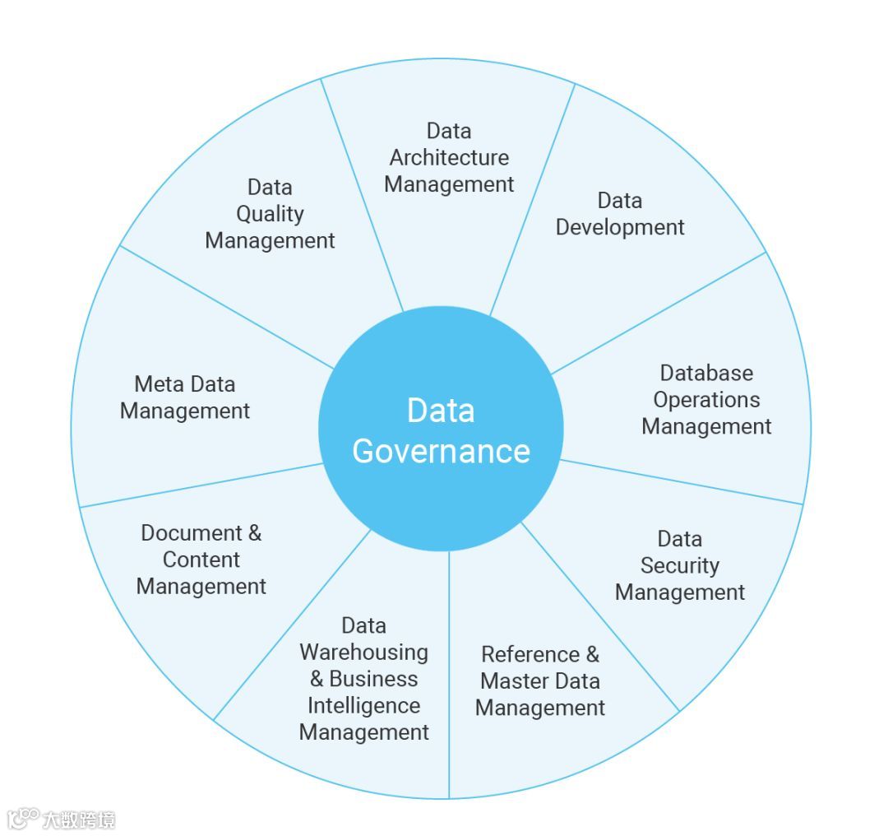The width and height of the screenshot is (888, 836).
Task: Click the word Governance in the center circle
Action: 441,451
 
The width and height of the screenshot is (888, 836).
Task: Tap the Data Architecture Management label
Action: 449,158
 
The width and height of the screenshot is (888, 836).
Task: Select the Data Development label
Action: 620,214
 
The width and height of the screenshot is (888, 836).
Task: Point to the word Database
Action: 706,374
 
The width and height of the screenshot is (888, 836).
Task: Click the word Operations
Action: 706,400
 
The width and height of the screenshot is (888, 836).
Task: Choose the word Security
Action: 680,566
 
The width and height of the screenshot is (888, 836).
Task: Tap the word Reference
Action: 530,655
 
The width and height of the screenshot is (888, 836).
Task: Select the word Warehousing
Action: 363,653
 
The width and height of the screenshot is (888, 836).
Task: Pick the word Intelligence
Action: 363,706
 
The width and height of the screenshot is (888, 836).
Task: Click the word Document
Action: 192,533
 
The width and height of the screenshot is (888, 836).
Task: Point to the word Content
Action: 201,560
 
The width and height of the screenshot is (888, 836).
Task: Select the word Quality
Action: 270,215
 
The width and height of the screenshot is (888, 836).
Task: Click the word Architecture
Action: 449,158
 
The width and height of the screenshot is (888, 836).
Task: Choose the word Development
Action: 620,227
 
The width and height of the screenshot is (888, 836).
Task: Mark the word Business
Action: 373,680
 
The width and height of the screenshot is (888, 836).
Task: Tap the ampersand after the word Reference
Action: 592,655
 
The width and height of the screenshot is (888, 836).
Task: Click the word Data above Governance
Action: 441,411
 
